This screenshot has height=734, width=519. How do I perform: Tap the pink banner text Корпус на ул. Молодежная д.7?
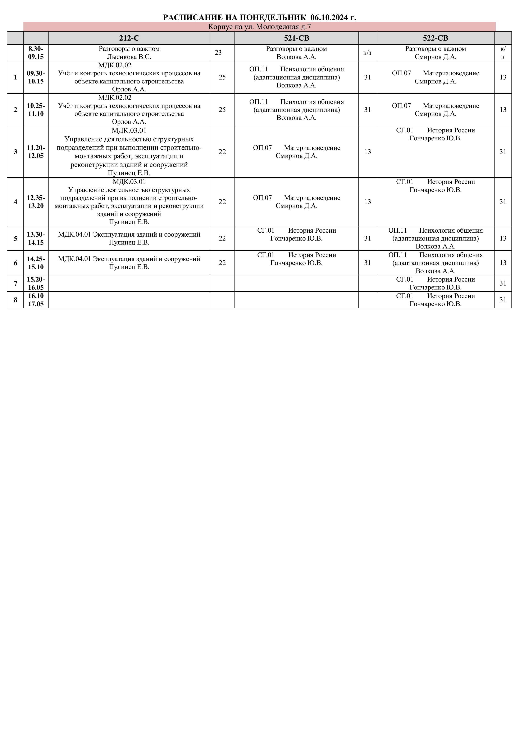(x=259, y=27)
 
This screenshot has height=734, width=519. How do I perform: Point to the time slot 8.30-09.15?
(x=36, y=53)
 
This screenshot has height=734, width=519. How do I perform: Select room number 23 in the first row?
(x=218, y=53)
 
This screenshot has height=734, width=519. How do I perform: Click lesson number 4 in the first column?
(x=15, y=202)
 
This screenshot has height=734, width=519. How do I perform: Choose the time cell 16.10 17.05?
(x=36, y=300)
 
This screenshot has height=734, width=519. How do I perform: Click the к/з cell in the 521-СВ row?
(x=367, y=53)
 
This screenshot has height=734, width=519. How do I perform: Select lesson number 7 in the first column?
(x=15, y=283)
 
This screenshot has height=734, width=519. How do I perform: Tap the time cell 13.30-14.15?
(x=36, y=238)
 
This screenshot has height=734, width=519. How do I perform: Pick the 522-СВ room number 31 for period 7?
(x=503, y=283)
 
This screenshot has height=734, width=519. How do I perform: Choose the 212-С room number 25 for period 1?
(x=222, y=77)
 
